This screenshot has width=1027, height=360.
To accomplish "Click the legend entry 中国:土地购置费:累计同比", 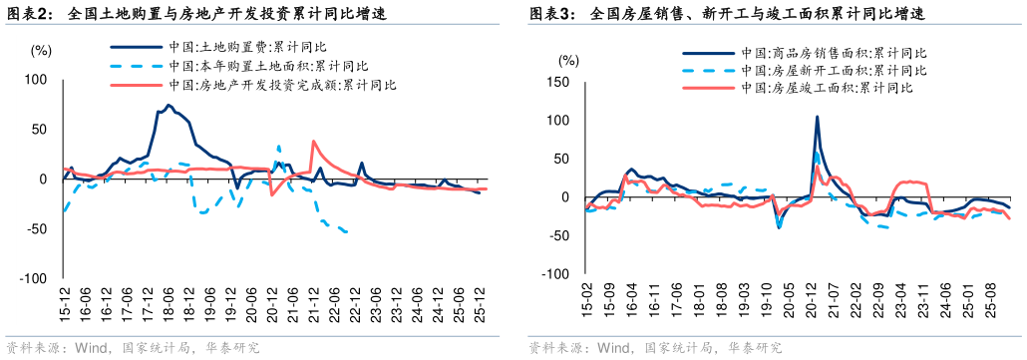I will [240, 46].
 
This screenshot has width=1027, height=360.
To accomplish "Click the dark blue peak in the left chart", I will [169, 105].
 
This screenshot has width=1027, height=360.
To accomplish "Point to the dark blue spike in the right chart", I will [818, 117].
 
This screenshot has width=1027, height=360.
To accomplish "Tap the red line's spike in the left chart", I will [313, 142].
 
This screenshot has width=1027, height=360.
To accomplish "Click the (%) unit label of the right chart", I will [567, 60].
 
